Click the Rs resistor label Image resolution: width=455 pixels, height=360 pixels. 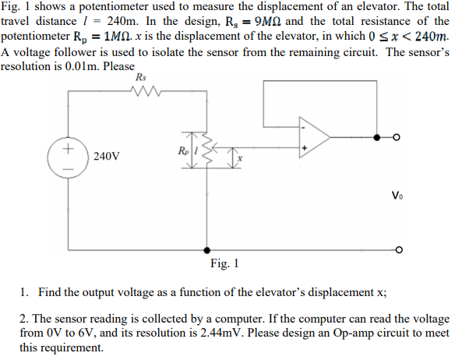[140, 78]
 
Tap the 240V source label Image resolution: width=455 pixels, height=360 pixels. [106, 156]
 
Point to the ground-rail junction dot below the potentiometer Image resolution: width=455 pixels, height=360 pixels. [206, 251]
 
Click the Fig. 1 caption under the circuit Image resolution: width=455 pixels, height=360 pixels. [224, 264]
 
